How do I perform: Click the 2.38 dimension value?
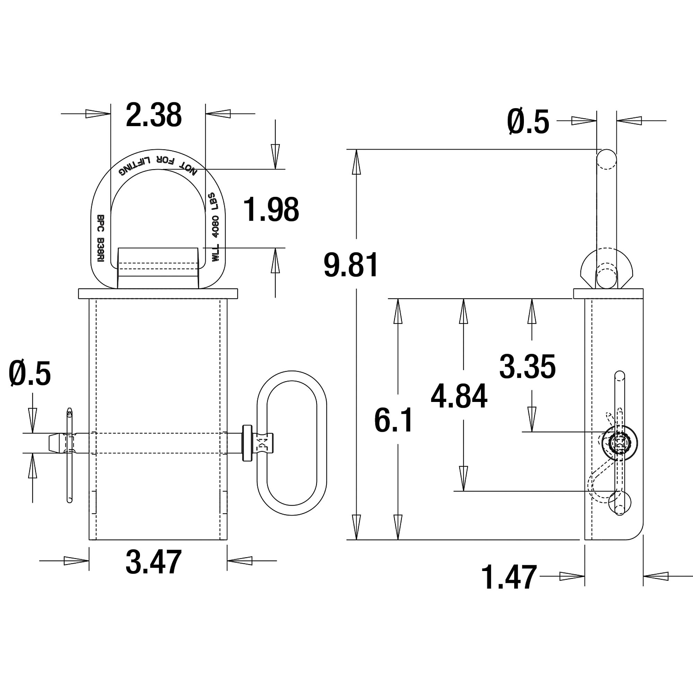pyautogui.click(x=153, y=115)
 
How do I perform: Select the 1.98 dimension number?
pyautogui.click(x=271, y=210)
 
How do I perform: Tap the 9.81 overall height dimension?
pyautogui.click(x=351, y=265)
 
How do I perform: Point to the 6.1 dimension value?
pyautogui.click(x=394, y=420)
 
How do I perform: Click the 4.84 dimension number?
pyautogui.click(x=459, y=396)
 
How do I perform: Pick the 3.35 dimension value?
pyautogui.click(x=527, y=367)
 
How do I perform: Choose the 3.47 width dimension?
pyautogui.click(x=153, y=562)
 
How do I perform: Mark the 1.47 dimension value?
pyautogui.click(x=508, y=577)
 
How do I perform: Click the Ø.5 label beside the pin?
pyautogui.click(x=29, y=374)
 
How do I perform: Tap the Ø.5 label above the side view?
pyautogui.click(x=528, y=122)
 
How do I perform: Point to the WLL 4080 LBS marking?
pyautogui.click(x=214, y=227)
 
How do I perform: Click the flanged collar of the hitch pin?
pyautogui.click(x=247, y=443)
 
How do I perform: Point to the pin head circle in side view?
pyautogui.click(x=620, y=444)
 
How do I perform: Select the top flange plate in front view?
pyautogui.click(x=158, y=293)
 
